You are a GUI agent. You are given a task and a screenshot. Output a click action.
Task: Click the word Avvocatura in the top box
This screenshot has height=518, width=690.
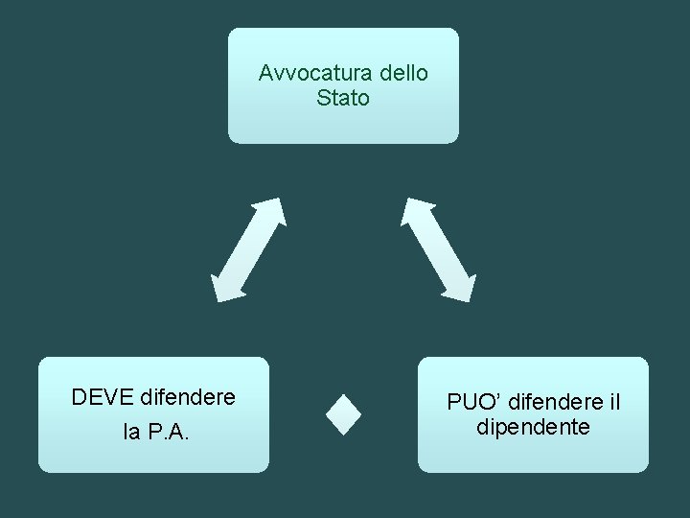click(316, 73)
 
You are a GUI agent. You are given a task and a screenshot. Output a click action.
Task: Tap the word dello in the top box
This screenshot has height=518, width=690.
click(404, 73)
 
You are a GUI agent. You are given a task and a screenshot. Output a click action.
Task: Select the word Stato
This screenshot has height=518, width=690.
click(343, 98)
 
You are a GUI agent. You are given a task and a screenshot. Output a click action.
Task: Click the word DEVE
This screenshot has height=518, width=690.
click(103, 396)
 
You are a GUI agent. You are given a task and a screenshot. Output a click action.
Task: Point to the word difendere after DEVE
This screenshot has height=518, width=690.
click(188, 396)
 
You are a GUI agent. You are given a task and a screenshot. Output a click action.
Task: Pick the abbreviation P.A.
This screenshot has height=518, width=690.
click(169, 434)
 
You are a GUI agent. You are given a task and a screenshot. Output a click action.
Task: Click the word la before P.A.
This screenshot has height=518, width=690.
click(131, 434)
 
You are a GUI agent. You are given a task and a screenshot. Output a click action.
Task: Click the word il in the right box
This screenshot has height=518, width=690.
click(613, 402)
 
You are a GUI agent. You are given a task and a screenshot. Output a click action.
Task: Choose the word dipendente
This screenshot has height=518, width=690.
click(533, 427)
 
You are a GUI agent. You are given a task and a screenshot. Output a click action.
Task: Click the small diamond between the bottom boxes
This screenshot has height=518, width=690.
click(343, 415)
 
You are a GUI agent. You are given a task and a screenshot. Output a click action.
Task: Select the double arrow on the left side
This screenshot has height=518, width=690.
click(249, 249)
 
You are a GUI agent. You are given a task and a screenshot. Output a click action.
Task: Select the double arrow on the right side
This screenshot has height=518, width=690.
click(438, 249)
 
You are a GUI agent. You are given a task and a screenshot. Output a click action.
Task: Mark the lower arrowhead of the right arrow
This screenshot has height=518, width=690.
click(461, 288)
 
